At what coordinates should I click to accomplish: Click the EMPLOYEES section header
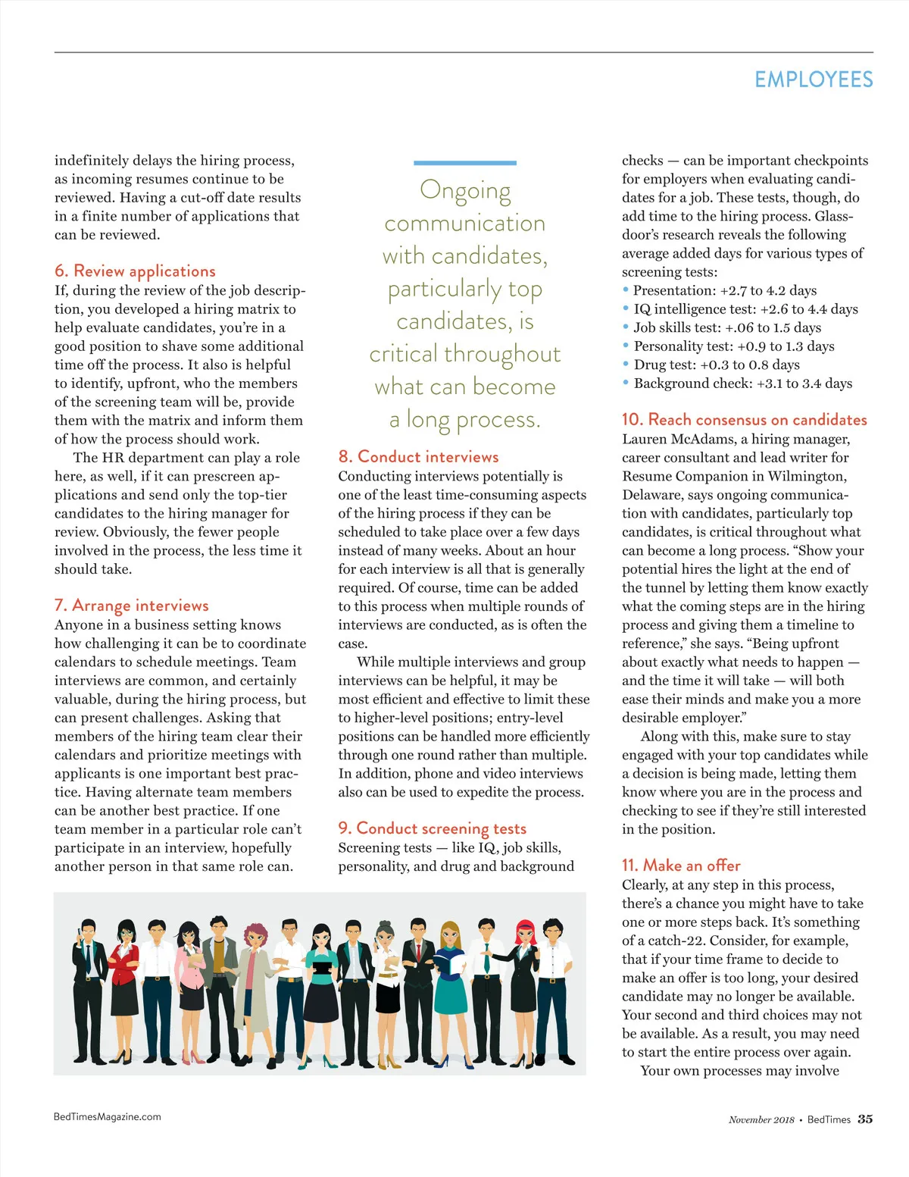[x=814, y=80]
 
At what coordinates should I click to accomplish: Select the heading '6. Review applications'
[x=135, y=271]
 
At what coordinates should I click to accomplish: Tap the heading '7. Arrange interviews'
[x=131, y=606]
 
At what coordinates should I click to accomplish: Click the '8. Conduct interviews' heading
[x=418, y=457]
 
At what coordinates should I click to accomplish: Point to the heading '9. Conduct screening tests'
[x=432, y=828]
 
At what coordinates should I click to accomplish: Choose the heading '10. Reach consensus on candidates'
[x=744, y=420]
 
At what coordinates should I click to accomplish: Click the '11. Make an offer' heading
[x=680, y=866]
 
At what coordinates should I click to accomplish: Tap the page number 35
[x=865, y=1119]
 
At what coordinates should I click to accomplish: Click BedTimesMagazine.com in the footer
[x=107, y=1116]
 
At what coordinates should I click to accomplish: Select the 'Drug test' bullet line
[x=716, y=365]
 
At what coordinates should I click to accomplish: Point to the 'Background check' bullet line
[x=742, y=383]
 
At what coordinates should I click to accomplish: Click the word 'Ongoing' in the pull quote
[x=465, y=189]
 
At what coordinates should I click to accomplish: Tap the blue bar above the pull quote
[x=464, y=163]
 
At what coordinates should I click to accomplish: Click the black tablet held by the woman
[x=322, y=967]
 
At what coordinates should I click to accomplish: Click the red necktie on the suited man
[x=418, y=953]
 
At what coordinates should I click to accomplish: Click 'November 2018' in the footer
[x=761, y=1120]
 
